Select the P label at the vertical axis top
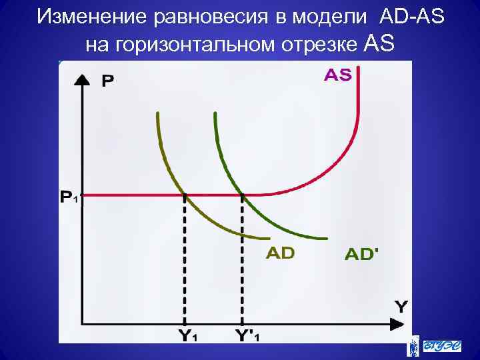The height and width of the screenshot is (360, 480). pos(107,81)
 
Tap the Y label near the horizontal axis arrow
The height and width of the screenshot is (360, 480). pos(401,306)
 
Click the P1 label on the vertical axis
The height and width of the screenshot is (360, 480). pos(69,197)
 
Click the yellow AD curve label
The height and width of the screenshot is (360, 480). pos(280,253)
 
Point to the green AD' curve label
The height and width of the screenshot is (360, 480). pos(364,254)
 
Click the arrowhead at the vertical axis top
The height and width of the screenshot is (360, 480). pos(81,77)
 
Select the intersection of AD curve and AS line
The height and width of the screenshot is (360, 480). pos(184,195)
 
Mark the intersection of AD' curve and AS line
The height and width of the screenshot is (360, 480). pos(242,195)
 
